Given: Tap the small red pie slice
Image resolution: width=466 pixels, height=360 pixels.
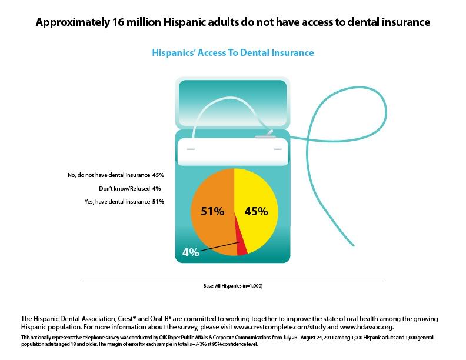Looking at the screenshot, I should point(241,246).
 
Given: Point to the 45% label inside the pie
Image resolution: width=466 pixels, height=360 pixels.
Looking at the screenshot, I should point(256,211).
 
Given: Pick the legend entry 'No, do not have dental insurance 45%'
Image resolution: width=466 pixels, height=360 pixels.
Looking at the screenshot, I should point(116,175).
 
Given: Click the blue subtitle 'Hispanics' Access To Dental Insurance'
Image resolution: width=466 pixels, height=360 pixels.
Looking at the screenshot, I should point(233,53).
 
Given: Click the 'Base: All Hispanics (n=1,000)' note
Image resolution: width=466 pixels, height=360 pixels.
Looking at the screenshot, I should point(233,287).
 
